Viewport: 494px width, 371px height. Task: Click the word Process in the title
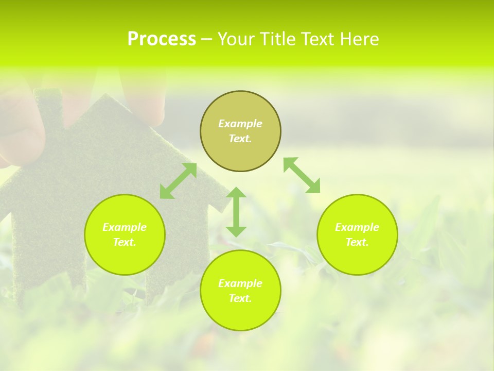click(x=162, y=39)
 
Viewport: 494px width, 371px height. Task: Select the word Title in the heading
click(x=279, y=39)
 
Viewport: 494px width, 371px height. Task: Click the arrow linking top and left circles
click(x=178, y=181)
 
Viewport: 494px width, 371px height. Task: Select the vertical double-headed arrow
click(x=236, y=212)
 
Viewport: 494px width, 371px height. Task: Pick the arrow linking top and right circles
click(x=302, y=175)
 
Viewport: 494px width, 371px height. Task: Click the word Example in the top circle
click(x=240, y=124)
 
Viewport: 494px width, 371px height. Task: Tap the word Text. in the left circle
click(x=125, y=242)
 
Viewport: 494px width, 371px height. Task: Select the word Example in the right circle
click(x=357, y=227)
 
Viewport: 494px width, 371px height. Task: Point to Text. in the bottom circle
click(x=240, y=298)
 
